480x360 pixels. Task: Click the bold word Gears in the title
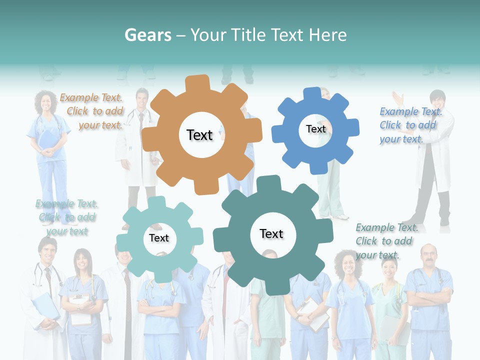(147, 35)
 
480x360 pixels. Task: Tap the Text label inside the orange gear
(199, 135)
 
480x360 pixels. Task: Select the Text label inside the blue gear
(315, 129)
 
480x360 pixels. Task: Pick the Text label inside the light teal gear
(159, 238)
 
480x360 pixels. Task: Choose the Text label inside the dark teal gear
(271, 234)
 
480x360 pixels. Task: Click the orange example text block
(91, 111)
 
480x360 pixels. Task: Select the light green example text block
(67, 217)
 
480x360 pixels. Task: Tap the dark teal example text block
(386, 241)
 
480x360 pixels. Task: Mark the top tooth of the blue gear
(312, 94)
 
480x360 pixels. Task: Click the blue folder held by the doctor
(44, 305)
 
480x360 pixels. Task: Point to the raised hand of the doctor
(398, 97)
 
